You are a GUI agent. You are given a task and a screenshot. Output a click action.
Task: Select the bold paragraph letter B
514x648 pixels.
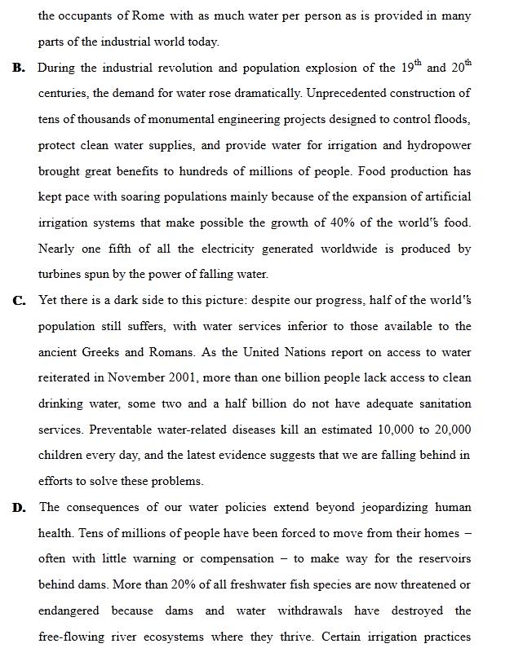click(18, 68)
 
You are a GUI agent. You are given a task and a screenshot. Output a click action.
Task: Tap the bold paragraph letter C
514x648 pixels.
click(19, 301)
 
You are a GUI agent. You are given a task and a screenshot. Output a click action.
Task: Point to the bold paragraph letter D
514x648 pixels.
click(19, 508)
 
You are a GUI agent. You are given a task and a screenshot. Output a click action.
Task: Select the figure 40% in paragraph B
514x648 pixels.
click(336, 223)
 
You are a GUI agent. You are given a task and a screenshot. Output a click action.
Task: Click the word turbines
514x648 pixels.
click(61, 275)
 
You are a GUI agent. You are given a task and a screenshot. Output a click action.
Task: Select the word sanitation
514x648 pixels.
click(441, 404)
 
